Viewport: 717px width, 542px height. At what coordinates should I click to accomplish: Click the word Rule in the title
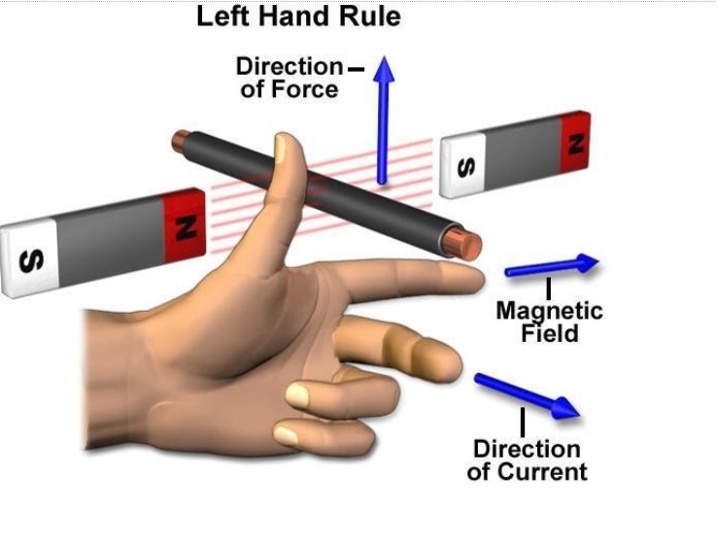coord(369,16)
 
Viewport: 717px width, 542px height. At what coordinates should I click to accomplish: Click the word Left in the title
coord(223,16)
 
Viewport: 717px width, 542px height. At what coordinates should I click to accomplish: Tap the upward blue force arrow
coord(383,120)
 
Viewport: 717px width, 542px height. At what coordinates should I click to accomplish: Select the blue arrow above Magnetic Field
coord(552,265)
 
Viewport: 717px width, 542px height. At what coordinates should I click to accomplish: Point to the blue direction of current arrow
coord(527,395)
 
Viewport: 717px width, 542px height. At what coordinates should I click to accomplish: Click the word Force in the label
coord(304,88)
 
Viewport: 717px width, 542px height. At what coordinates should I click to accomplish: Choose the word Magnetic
coord(549,311)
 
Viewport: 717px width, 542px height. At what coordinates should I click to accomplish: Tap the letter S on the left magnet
coord(31,261)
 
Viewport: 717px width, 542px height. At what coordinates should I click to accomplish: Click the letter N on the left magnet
coord(187,228)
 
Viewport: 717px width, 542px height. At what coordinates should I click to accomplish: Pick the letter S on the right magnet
coord(466,167)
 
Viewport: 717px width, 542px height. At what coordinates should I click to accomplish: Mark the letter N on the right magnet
coord(576,144)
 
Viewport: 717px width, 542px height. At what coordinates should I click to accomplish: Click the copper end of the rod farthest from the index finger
coord(180,141)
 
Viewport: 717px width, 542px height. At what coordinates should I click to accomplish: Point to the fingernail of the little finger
coord(286,435)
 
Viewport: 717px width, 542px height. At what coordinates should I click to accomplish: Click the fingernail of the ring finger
coord(297,395)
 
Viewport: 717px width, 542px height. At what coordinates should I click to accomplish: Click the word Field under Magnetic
coord(550,333)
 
